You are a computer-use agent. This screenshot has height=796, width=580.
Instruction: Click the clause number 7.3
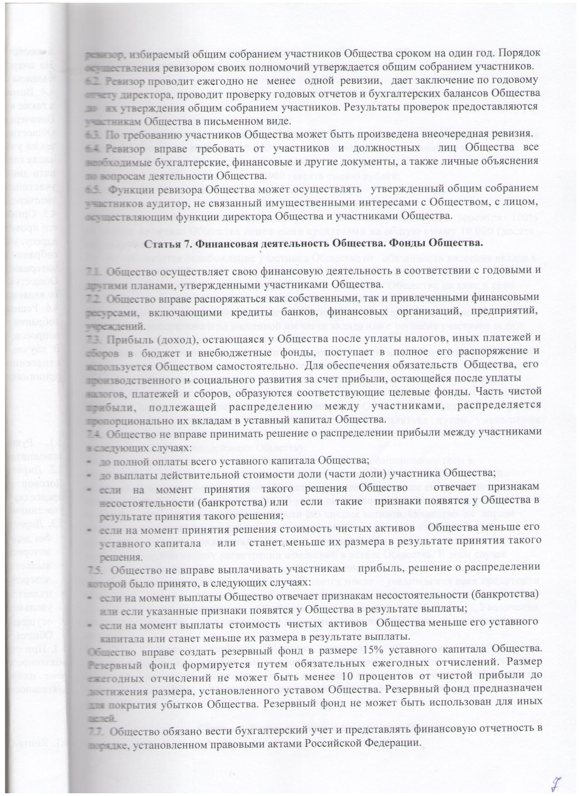[x=95, y=337]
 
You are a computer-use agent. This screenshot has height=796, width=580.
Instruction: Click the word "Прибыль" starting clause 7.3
[x=128, y=337]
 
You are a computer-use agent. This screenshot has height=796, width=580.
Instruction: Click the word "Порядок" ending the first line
[x=519, y=53]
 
